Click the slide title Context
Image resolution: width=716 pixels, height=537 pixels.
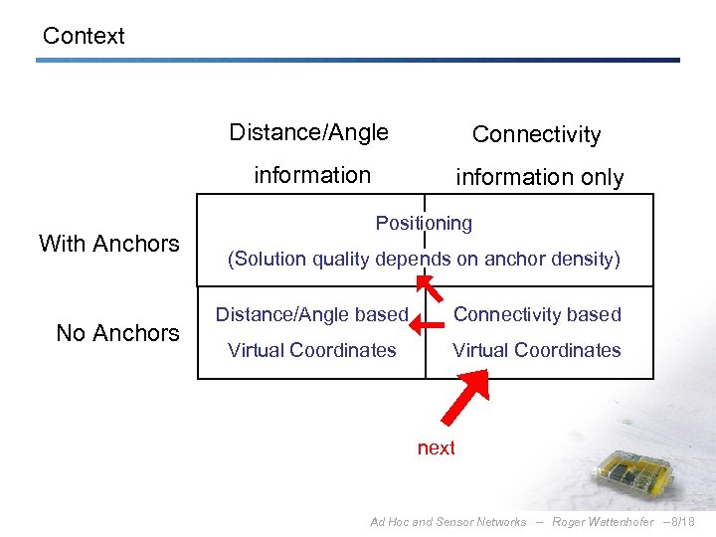(84, 36)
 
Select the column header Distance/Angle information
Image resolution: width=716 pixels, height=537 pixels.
(309, 153)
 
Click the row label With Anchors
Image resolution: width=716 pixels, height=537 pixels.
(109, 244)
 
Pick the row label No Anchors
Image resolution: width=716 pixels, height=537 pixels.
(117, 333)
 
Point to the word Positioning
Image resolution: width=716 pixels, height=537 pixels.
(424, 223)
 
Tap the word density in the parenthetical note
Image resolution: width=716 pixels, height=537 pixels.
(587, 260)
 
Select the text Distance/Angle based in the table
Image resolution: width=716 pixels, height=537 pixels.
(311, 314)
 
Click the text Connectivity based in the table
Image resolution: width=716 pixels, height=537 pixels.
(537, 314)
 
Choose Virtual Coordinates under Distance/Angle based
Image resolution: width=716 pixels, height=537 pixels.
(311, 350)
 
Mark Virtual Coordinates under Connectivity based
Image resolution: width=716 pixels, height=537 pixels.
(537, 350)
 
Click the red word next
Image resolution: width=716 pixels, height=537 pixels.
(436, 447)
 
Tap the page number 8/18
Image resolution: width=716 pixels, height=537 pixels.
(682, 522)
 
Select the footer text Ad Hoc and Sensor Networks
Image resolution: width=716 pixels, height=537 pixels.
(447, 522)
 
